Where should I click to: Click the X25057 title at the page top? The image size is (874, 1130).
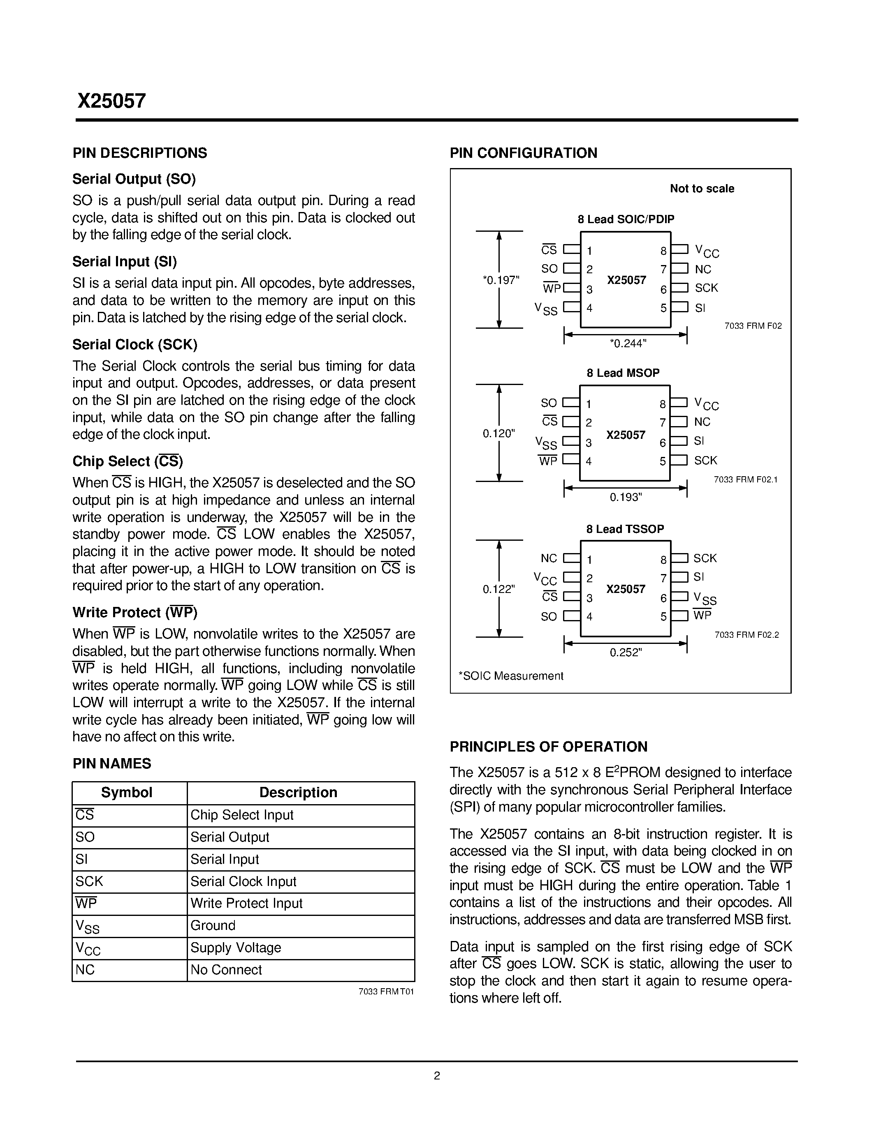point(112,101)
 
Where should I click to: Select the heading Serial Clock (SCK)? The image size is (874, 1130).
point(134,345)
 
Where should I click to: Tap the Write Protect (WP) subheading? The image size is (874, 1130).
point(134,613)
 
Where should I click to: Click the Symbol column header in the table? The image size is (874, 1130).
point(126,793)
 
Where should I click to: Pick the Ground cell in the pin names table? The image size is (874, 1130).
point(213,926)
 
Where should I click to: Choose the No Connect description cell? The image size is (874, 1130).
point(226,970)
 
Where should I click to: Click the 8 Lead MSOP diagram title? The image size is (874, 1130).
point(623,373)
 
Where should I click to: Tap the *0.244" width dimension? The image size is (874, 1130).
point(628,344)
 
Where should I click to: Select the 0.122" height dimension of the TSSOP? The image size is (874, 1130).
point(498,589)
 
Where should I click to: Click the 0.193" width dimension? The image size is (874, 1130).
point(626,497)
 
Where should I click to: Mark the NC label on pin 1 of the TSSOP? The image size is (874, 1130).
point(549,558)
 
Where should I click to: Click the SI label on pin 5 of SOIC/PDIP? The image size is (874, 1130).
point(700,308)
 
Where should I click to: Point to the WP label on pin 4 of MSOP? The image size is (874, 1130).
point(548,461)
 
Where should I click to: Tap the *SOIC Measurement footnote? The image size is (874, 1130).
point(510,676)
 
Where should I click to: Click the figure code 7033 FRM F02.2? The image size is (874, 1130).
point(746,635)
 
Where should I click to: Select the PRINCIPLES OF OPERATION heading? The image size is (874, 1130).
point(548,747)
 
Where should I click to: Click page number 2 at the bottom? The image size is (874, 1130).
point(436,1076)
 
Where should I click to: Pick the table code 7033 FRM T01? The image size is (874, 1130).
point(386,992)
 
